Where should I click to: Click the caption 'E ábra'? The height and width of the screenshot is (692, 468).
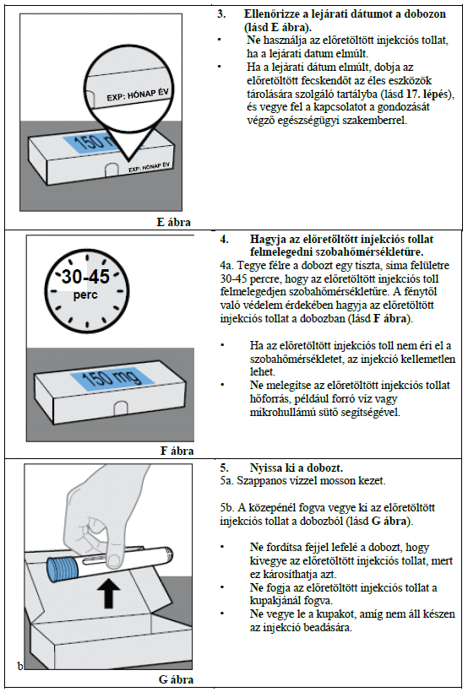pyautogui.click(x=174, y=222)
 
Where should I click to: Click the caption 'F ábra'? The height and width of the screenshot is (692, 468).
pyautogui.click(x=177, y=451)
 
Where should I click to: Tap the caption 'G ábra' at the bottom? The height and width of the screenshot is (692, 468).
pyautogui.click(x=176, y=679)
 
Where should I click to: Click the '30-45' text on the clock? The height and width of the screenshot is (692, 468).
pyautogui.click(x=85, y=277)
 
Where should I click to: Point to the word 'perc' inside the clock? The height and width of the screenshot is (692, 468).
pyautogui.click(x=85, y=295)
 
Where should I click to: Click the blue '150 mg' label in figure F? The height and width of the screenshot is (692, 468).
pyautogui.click(x=112, y=378)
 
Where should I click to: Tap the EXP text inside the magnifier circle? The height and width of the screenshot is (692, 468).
pyautogui.click(x=138, y=94)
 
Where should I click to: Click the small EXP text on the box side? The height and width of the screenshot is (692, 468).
pyautogui.click(x=149, y=167)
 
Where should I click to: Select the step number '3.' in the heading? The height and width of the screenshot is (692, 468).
pyautogui.click(x=221, y=14)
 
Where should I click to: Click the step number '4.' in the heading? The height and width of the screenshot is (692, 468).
pyautogui.click(x=225, y=239)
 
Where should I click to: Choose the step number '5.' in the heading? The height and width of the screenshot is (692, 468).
pyautogui.click(x=225, y=468)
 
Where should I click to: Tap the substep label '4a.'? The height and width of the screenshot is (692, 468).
pyautogui.click(x=227, y=266)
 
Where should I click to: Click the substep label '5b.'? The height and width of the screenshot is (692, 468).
pyautogui.click(x=228, y=507)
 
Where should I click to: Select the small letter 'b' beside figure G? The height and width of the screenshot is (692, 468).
pyautogui.click(x=20, y=666)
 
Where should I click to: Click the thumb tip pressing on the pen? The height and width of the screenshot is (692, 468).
pyautogui.click(x=114, y=559)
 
